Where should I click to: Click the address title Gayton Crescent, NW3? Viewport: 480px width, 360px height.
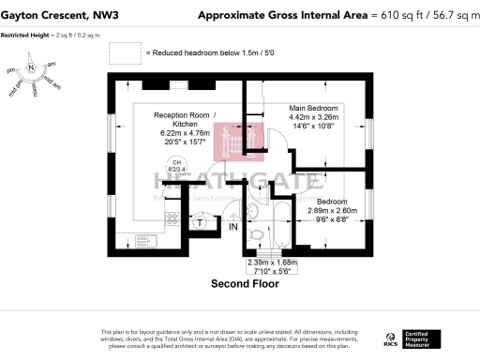coord(59,15)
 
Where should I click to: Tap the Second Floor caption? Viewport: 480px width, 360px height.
coord(247,282)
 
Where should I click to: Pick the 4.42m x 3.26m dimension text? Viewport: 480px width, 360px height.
coord(315,117)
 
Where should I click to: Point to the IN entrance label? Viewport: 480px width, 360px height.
coord(232,226)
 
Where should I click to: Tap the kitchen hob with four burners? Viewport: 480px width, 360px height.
coord(172,218)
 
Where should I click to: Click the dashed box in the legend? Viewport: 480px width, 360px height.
coord(133,53)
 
